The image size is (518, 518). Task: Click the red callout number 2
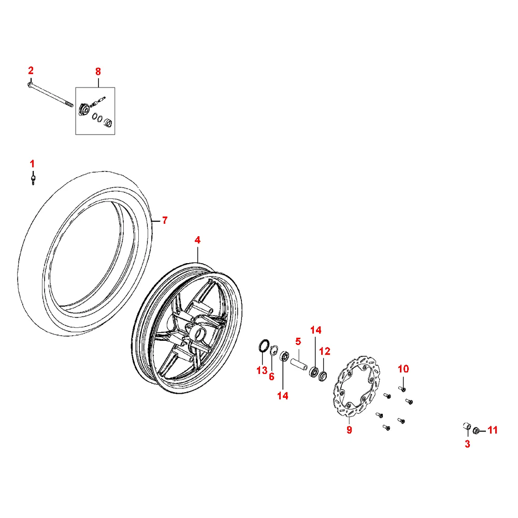coord(31,70)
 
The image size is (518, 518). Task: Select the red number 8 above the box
coord(98,71)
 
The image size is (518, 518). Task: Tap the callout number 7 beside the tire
coord(165,220)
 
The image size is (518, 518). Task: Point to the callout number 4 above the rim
coord(197,240)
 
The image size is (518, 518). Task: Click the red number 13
coord(262,370)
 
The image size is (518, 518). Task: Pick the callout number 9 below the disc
coord(349,430)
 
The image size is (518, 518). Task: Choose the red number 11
coord(493,430)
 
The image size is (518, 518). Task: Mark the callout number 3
coord(467,444)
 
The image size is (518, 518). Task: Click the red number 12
coord(325,351)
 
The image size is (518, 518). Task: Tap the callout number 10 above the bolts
coord(404,369)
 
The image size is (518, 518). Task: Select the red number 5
coord(298,341)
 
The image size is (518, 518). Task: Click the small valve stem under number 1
coord(33,179)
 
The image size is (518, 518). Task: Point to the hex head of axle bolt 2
coord(30,85)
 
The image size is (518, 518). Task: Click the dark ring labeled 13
coord(264,346)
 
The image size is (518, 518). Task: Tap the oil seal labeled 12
coord(323,376)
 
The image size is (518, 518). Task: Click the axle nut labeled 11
coord(476,431)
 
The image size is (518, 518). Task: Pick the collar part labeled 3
coord(467,426)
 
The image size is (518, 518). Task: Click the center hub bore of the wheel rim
coord(200,335)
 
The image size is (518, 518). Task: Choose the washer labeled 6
coord(274,351)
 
